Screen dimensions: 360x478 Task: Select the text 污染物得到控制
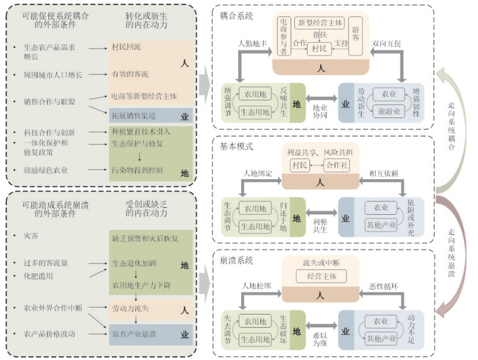click(x=136, y=171)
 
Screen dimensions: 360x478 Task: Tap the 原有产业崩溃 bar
click(x=133, y=333)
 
